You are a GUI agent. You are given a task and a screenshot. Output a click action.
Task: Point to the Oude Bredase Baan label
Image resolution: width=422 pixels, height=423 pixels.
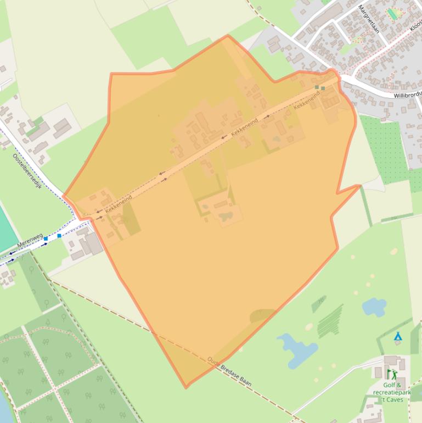(229, 372)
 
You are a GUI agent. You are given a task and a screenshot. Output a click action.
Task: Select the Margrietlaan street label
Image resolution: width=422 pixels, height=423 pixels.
(368, 19)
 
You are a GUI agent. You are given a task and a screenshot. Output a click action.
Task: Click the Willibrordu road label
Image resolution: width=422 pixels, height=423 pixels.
(407, 94)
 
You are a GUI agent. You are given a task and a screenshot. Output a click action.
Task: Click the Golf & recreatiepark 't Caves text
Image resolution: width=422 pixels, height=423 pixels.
(392, 392)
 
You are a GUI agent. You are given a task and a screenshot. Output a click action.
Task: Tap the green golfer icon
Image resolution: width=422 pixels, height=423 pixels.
(392, 374)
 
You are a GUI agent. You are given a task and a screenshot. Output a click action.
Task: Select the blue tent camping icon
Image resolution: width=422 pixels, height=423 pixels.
(397, 336)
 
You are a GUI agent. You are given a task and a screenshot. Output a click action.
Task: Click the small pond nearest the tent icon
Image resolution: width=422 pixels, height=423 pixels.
(374, 307)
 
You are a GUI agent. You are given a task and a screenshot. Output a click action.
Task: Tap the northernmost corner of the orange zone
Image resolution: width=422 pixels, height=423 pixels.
(228, 36)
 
